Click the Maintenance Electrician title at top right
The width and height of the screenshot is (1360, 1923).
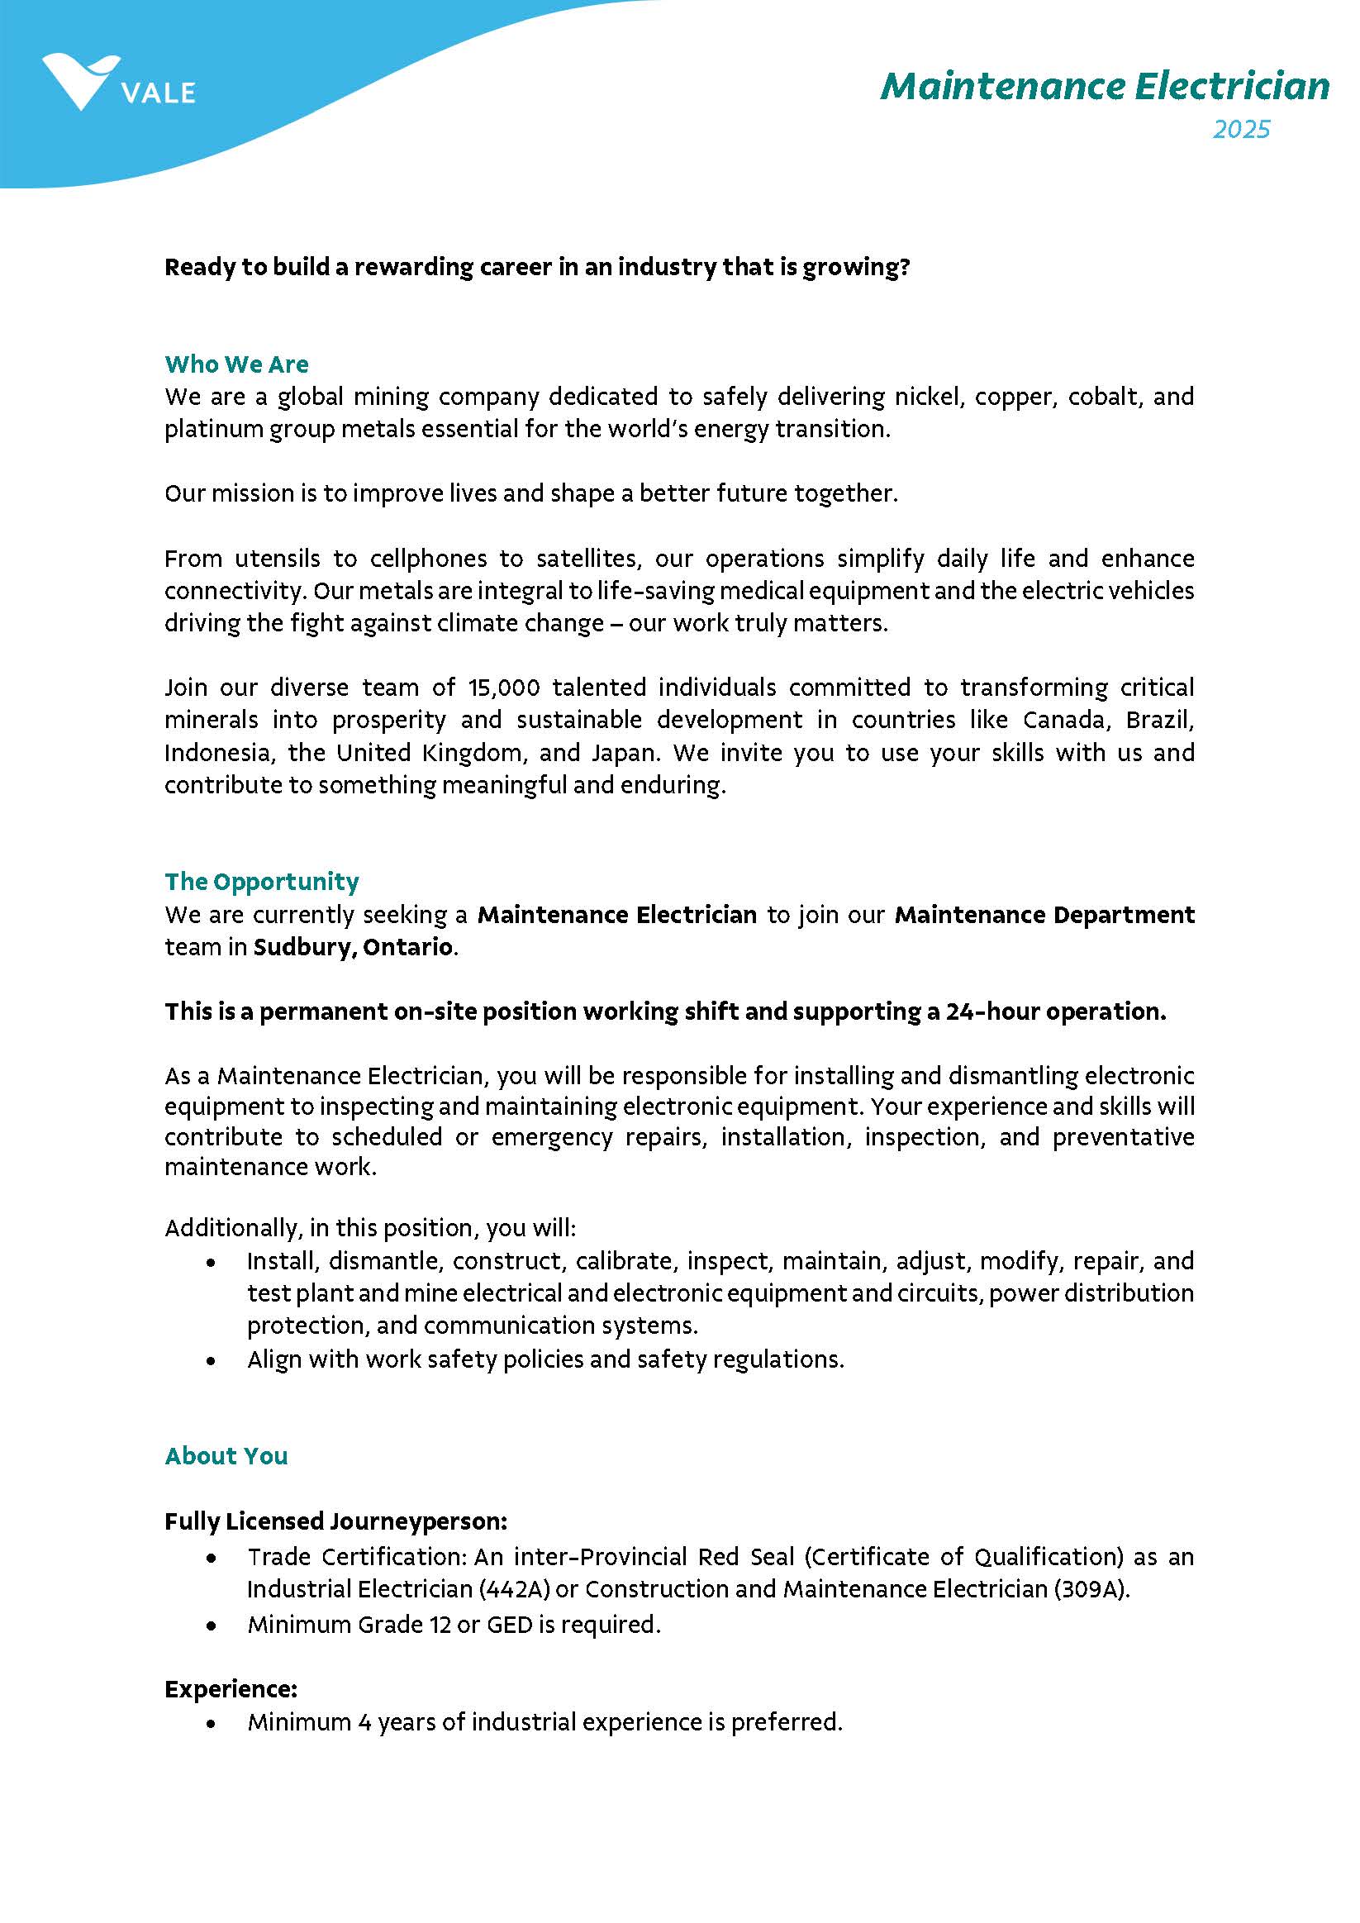coord(1104,86)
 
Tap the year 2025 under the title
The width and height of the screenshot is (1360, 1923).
coord(1241,130)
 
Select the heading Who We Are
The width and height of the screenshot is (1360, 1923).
coord(236,364)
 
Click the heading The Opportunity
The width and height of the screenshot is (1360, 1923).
coord(261,882)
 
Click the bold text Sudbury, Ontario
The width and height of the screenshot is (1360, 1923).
coord(353,947)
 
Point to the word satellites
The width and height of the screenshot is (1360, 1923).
coord(586,559)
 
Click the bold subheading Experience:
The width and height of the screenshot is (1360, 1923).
coord(231,1689)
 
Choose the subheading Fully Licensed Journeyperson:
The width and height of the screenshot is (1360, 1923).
coord(335,1521)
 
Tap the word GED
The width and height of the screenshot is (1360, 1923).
coord(509,1625)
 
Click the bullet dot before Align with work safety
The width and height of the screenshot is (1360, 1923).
coord(211,1361)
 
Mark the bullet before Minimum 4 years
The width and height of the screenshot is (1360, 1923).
coord(211,1724)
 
